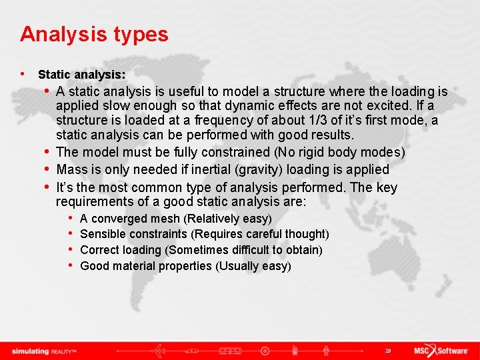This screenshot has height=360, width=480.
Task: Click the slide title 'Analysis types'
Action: point(94,34)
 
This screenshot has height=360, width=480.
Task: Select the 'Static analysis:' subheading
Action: point(81,75)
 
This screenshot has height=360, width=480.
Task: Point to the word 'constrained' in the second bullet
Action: point(239,152)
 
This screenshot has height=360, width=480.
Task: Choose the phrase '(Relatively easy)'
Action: point(227,219)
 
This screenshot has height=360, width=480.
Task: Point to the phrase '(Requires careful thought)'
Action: point(260,234)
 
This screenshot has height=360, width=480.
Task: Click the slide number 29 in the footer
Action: point(387,351)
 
